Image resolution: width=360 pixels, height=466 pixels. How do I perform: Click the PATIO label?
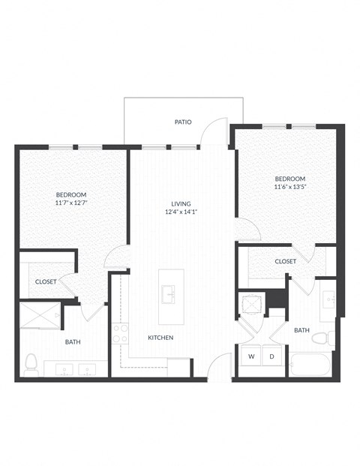pyautogui.click(x=183, y=122)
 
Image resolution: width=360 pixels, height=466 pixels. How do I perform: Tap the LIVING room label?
pyautogui.click(x=181, y=203)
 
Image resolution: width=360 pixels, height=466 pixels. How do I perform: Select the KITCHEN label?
pyautogui.click(x=160, y=338)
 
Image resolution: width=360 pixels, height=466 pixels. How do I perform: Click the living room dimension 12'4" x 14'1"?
pyautogui.click(x=181, y=212)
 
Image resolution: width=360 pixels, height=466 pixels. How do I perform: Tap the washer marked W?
pyautogui.click(x=250, y=356)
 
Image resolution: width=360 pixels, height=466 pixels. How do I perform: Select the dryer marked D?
pyautogui.click(x=271, y=356)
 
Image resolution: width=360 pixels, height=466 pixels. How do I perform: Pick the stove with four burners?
pyautogui.click(x=120, y=333)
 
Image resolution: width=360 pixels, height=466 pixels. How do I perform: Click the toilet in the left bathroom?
pyautogui.click(x=31, y=364)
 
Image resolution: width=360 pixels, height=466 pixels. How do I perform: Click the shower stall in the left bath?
pyautogui.click(x=39, y=317)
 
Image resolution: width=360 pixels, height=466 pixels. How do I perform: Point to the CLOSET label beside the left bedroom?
pyautogui.click(x=46, y=282)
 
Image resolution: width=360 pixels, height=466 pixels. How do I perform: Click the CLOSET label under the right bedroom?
pyautogui.click(x=285, y=261)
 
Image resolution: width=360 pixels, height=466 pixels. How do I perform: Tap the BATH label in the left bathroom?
pyautogui.click(x=73, y=342)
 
